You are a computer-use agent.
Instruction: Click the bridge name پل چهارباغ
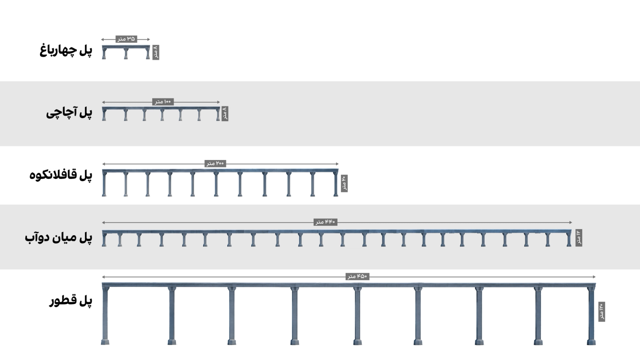click(66, 50)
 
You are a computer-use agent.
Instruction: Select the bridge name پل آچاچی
click(69, 112)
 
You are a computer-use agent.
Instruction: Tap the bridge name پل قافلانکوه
click(61, 175)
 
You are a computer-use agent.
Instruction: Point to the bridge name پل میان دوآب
click(58, 238)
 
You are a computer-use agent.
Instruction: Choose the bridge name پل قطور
click(71, 300)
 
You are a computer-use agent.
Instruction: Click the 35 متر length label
click(126, 39)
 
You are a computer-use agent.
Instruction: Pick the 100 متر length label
click(163, 102)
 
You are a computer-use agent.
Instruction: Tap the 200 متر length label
click(216, 164)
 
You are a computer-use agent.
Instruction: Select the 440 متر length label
click(326, 222)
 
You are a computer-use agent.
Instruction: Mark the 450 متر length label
click(358, 276)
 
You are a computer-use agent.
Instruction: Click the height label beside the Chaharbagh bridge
click(156, 52)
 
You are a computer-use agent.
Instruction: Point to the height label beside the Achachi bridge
click(225, 114)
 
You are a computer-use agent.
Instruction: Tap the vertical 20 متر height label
click(344, 184)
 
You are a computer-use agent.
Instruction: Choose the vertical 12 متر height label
click(579, 238)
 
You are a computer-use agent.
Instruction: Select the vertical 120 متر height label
click(602, 312)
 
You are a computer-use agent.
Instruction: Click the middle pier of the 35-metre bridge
click(126, 54)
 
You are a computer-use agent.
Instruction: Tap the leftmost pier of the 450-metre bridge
click(105, 316)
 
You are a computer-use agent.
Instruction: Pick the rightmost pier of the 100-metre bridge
click(218, 115)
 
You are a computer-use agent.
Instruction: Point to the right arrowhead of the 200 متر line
click(337, 164)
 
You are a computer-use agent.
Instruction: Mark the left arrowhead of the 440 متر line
click(104, 222)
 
